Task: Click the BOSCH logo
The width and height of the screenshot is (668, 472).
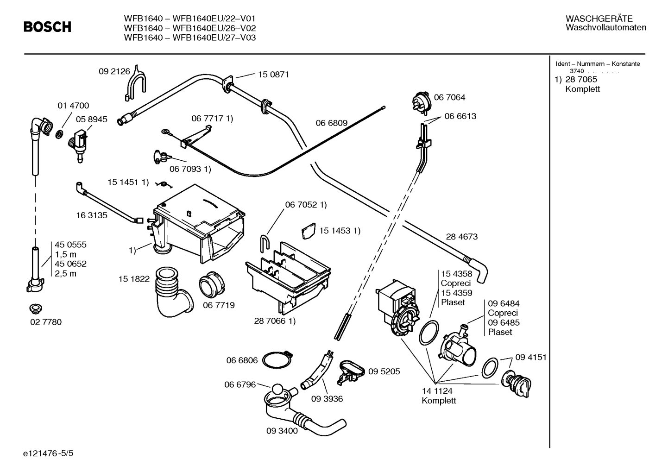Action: (x=47, y=27)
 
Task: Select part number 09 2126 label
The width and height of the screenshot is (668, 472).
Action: (x=114, y=71)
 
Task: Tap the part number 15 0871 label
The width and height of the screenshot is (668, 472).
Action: (x=273, y=74)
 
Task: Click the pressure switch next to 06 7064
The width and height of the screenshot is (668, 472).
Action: (x=422, y=102)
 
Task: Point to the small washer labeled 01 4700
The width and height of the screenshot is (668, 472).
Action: (x=60, y=134)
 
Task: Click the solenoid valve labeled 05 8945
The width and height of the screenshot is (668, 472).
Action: (x=78, y=145)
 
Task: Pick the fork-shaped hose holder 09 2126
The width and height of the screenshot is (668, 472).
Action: (x=135, y=83)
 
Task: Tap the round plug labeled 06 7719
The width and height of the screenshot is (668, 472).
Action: (x=212, y=284)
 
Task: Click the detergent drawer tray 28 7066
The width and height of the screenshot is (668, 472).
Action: (x=288, y=278)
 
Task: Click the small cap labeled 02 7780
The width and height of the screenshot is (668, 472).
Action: (x=36, y=309)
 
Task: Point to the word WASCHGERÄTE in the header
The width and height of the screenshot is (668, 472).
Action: (x=599, y=19)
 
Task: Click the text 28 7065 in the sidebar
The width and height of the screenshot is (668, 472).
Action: (x=581, y=79)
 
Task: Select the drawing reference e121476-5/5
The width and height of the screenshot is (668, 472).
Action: (x=48, y=453)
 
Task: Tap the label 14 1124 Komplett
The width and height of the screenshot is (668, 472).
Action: (x=439, y=396)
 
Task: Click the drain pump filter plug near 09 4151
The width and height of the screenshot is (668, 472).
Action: (x=516, y=384)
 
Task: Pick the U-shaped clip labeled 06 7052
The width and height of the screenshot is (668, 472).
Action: (x=265, y=242)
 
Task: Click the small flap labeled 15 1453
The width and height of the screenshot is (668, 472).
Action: (x=309, y=231)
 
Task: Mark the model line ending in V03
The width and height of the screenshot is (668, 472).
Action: (x=189, y=38)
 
